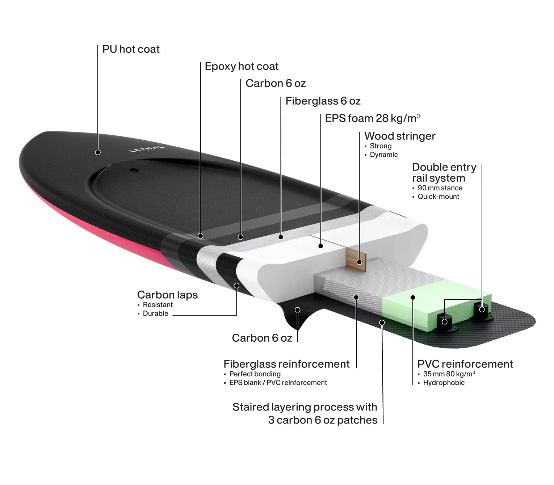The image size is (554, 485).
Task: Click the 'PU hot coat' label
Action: pyautogui.click(x=131, y=49)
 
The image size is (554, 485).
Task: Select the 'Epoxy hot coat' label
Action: pyautogui.click(x=242, y=66)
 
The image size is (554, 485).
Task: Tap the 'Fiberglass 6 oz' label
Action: pyautogui.click(x=323, y=101)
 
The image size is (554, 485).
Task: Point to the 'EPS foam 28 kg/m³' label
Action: pyautogui.click(x=373, y=118)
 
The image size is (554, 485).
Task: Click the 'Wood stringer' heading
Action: pyautogui.click(x=400, y=136)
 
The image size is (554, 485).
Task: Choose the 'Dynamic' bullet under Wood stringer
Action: pyautogui.click(x=384, y=155)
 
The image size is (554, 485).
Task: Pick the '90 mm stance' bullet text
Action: pyautogui.click(x=440, y=188)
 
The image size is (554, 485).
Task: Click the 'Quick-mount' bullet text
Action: pyautogui.click(x=438, y=197)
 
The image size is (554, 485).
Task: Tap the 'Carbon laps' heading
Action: pyautogui.click(x=167, y=295)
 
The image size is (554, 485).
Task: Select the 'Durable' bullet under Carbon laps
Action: pyautogui.click(x=155, y=313)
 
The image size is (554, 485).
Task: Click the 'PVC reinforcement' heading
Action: pyautogui.click(x=465, y=364)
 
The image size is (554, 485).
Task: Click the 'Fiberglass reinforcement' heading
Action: pyautogui.click(x=286, y=364)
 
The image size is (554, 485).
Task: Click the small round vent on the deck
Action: pyautogui.click(x=134, y=170)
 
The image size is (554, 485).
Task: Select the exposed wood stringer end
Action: pyautogui.click(x=356, y=260)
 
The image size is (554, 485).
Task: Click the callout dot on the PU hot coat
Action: pyautogui.click(x=98, y=152)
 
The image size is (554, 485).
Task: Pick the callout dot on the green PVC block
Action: pyautogui.click(x=413, y=298)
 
